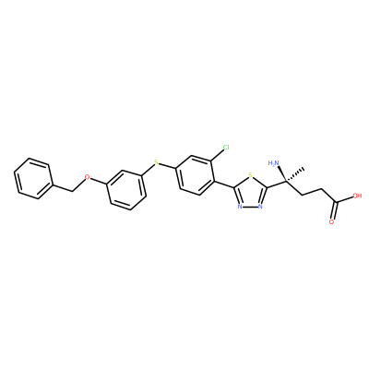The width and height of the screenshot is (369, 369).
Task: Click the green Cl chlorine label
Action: pyautogui.click(x=226, y=148)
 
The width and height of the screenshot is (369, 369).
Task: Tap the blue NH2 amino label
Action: pyautogui.click(x=273, y=162)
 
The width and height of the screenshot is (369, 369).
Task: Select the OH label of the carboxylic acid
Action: pyautogui.click(x=357, y=196)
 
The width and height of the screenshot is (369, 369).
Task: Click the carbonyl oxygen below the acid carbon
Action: pyautogui.click(x=331, y=221)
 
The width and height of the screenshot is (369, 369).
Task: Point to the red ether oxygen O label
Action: pyautogui.click(x=88, y=177)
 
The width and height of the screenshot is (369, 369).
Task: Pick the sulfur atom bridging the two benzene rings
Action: pyautogui.click(x=156, y=162)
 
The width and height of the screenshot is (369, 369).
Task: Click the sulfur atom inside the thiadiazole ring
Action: pyautogui.click(x=250, y=176)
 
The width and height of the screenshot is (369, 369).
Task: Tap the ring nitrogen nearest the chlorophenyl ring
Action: pyautogui.click(x=240, y=206)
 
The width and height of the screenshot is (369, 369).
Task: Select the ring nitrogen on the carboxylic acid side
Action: pyautogui.click(x=260, y=206)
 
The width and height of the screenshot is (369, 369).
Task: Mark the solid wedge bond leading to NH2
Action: pyautogui.click(x=282, y=174)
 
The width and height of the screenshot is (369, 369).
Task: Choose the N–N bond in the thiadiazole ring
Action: pyautogui.click(x=250, y=206)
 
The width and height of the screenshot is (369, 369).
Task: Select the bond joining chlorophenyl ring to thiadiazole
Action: pyautogui.click(x=223, y=184)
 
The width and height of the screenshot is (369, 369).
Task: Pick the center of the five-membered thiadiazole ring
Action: pyautogui.click(x=250, y=193)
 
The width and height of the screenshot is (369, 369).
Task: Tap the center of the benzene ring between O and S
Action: pyautogui.click(x=126, y=190)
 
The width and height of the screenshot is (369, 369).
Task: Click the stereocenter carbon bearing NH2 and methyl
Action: pyautogui.click(x=286, y=182)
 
